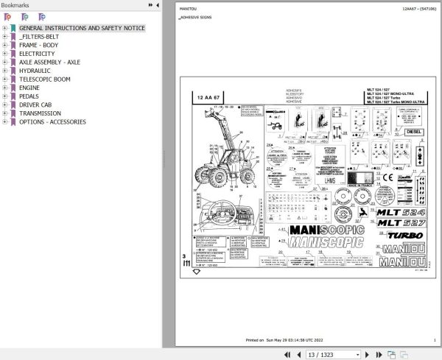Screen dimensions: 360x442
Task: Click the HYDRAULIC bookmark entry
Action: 35,71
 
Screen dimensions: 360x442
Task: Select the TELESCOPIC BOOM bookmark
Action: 44,79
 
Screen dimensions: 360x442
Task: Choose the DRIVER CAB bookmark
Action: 35,105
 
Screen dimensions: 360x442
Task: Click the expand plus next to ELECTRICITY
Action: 4,54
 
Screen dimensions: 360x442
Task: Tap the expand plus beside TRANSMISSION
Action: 4,113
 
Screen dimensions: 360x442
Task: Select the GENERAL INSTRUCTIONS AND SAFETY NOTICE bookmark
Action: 82,28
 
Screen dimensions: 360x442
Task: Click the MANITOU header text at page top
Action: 189,9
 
